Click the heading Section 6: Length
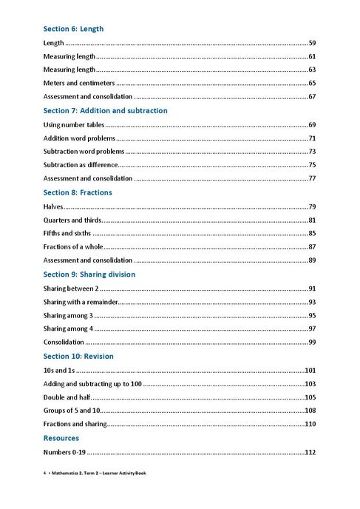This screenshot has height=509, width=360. [x=73, y=29]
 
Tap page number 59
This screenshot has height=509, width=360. [x=312, y=44]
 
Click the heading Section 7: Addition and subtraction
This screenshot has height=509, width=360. [x=105, y=111]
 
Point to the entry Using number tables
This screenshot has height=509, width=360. [x=72, y=124]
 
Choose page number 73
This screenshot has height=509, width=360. [x=312, y=152]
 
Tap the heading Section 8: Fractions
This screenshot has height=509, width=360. [x=78, y=192]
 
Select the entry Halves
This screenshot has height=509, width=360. [x=53, y=206]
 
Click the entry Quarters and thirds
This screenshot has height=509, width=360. [x=72, y=220]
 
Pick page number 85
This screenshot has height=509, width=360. [x=312, y=234]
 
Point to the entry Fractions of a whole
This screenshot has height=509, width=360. [x=76, y=247]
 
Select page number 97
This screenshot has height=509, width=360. [x=312, y=328]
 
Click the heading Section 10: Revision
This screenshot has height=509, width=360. [x=78, y=356]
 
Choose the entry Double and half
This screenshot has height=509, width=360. [x=67, y=397]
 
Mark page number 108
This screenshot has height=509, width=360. [x=310, y=411]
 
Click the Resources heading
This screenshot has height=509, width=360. [x=61, y=438]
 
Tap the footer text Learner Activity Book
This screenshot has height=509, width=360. [x=120, y=473]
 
